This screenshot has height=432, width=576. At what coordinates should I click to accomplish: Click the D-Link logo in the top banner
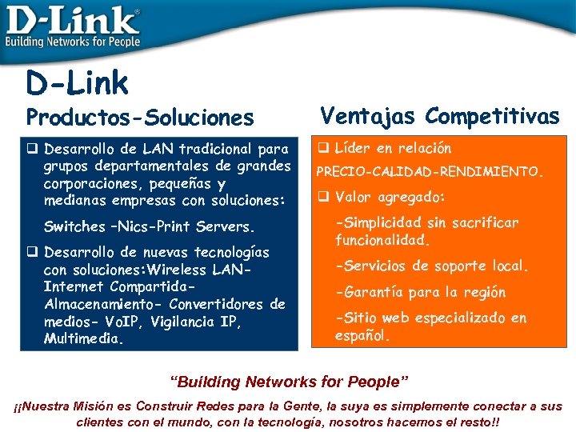(72, 19)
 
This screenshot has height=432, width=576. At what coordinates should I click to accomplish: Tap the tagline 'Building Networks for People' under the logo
(73, 42)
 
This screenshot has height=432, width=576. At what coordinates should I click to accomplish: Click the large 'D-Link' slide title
(77, 82)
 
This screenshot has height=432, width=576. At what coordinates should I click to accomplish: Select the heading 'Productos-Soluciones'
(140, 118)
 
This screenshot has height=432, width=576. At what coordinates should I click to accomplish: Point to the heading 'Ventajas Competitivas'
(440, 116)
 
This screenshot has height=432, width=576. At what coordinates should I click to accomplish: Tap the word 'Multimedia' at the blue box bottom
(82, 339)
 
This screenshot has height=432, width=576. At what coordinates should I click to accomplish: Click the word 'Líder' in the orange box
(353, 148)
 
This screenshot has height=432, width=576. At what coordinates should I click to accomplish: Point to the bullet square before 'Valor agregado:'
(324, 197)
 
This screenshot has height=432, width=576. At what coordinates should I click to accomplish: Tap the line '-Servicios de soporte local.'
(432, 266)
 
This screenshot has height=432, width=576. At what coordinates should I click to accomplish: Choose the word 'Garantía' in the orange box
(370, 292)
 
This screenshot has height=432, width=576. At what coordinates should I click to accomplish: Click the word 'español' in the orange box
(361, 336)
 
